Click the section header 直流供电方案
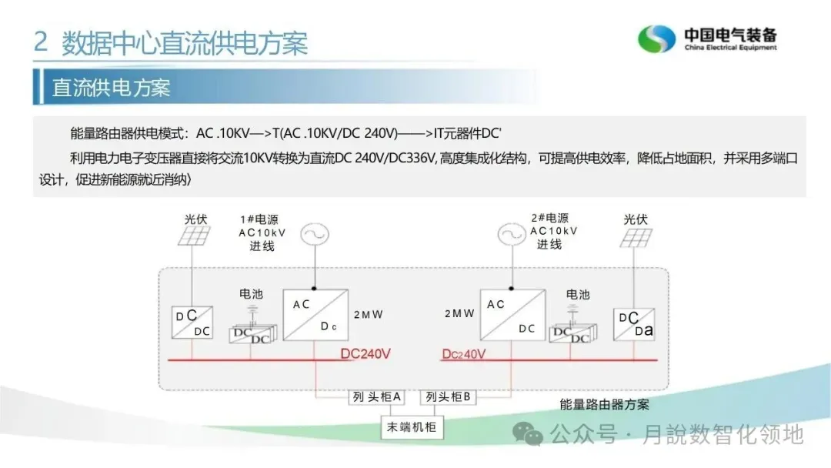click(111, 86)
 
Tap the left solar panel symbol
click(194, 236)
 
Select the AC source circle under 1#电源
click(315, 235)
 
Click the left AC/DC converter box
click(316, 314)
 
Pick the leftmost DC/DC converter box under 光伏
click(192, 323)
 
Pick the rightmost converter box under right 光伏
click(635, 323)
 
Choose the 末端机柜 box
click(412, 426)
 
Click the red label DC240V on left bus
click(365, 354)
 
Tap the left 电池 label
click(251, 294)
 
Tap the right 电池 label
click(578, 294)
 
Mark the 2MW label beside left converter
click(368, 315)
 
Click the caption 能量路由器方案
click(604, 405)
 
